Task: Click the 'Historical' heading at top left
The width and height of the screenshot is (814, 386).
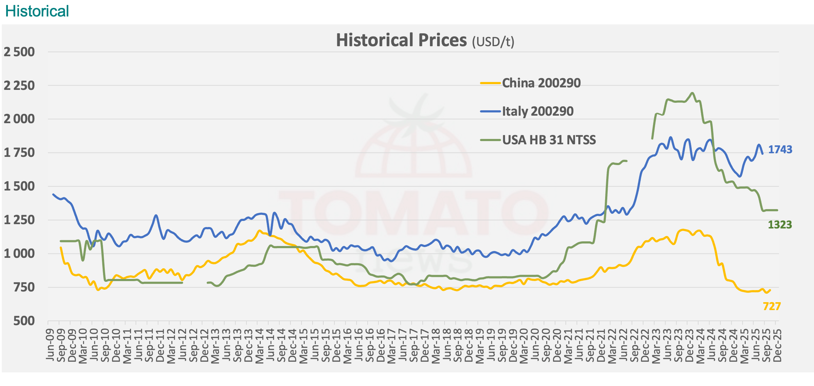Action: [x=37, y=11]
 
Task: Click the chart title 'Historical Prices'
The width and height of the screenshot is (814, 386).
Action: [x=401, y=40]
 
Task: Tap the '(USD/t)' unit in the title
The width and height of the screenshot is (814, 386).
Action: [x=493, y=42]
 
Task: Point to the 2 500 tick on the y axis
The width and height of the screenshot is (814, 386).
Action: [x=19, y=52]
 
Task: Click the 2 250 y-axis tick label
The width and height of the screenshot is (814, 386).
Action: [x=19, y=86]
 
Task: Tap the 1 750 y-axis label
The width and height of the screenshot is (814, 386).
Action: [x=19, y=153]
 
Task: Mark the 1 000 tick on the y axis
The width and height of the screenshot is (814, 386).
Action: [x=19, y=254]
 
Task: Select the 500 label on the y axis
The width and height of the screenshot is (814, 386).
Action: [x=24, y=321]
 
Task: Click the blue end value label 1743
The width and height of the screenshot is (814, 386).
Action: [x=780, y=149]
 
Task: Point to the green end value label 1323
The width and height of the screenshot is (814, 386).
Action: [x=780, y=225]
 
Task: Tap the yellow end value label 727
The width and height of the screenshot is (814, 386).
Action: [x=772, y=306]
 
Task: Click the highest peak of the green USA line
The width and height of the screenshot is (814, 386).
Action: [x=692, y=93]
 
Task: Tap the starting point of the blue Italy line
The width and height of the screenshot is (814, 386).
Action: [x=53, y=194]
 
